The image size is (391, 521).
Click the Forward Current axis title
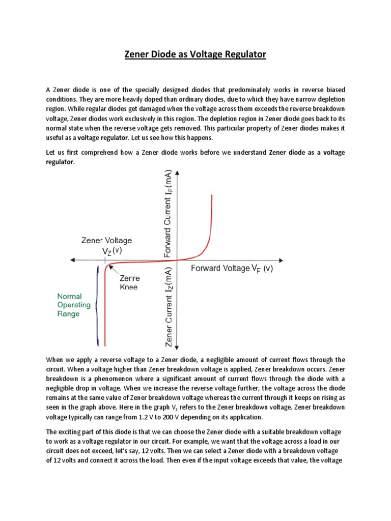(x=169, y=213)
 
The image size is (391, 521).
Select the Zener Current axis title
(x=169, y=305)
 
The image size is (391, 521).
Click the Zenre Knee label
(x=129, y=283)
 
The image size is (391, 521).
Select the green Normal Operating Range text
(x=74, y=305)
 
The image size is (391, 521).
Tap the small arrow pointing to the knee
(x=114, y=270)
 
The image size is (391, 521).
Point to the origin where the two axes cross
(x=177, y=260)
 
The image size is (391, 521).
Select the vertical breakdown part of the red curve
(x=105, y=310)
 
